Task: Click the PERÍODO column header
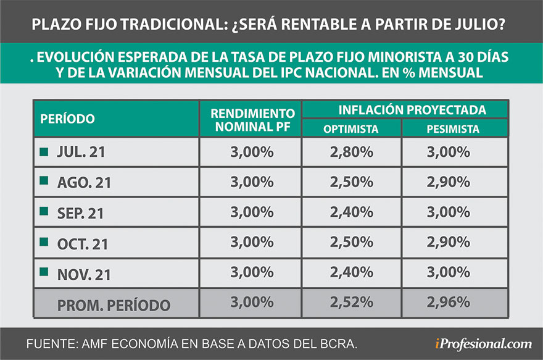[67, 119]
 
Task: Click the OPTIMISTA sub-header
[351, 129]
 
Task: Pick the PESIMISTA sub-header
[454, 129]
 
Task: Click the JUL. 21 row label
[81, 153]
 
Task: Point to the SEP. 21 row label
[80, 213]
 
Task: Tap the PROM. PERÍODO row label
[114, 304]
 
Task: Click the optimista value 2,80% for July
[351, 151]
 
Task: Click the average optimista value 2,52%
[351, 303]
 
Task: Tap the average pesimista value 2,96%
[454, 303]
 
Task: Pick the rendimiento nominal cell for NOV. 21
[251, 272]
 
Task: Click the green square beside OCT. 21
[43, 241]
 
